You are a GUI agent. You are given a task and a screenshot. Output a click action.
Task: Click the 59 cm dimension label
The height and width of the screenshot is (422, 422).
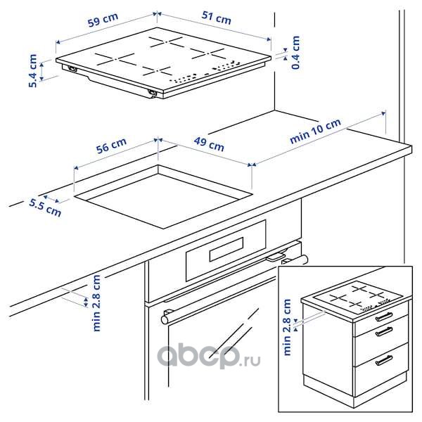click(103, 20)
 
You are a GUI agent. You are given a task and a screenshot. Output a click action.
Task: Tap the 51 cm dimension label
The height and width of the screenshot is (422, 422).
click(217, 18)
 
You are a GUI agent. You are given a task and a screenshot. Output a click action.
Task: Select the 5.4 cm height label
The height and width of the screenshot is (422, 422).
click(33, 71)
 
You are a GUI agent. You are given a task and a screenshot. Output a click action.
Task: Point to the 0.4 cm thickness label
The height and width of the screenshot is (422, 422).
click(296, 53)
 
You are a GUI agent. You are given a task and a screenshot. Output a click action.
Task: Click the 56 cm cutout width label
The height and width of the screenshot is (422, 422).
click(111, 146)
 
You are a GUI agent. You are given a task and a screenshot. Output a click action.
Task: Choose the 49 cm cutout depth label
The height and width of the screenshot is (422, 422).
click(209, 144)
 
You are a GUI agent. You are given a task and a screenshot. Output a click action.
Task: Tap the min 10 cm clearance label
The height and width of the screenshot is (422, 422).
click(315, 131)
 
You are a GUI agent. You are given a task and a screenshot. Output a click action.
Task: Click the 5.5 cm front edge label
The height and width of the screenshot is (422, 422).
click(45, 207)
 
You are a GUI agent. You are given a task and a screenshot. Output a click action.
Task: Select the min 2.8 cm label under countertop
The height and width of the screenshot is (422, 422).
click(96, 303)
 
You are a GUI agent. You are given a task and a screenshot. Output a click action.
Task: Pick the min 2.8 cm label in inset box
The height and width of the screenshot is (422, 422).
click(287, 327)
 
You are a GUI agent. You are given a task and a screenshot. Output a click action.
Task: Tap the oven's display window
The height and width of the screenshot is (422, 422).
click(226, 249)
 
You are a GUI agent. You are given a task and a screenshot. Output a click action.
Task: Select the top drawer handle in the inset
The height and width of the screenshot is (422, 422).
click(384, 316)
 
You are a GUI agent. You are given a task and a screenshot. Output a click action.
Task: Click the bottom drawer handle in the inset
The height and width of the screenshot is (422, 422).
click(384, 360)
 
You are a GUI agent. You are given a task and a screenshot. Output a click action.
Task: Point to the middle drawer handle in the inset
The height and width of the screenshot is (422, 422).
click(384, 331)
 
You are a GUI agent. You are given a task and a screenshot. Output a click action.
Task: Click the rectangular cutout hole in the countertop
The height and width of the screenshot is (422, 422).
click(163, 197)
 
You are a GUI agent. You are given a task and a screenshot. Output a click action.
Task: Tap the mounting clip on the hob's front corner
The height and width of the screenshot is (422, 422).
click(153, 93)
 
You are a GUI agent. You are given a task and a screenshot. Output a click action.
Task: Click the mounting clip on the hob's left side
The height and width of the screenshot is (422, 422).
click(72, 69)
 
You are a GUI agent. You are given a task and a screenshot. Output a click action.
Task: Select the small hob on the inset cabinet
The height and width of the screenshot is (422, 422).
click(358, 296)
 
